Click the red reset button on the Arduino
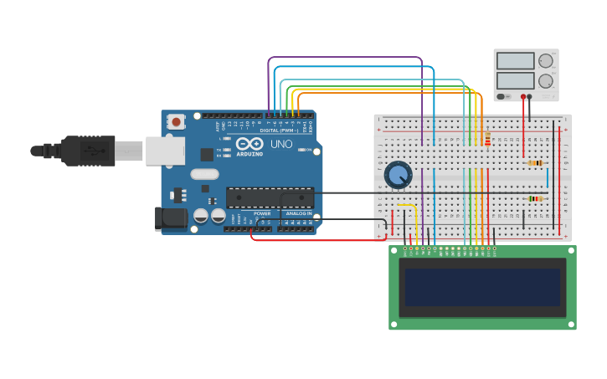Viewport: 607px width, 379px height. (176, 122)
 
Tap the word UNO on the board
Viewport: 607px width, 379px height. (281, 144)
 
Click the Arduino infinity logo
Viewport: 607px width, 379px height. (249, 143)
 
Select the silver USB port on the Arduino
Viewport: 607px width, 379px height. (165, 151)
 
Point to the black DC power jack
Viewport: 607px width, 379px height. (172, 218)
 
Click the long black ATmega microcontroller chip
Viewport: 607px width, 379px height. (270, 197)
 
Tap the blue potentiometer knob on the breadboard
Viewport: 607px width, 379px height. (399, 175)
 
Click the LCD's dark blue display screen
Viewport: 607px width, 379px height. (482, 287)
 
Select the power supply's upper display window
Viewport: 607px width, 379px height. (515, 61)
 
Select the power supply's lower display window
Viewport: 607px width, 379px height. (515, 81)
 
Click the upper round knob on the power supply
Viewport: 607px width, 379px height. (546, 61)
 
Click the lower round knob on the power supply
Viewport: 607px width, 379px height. (546, 81)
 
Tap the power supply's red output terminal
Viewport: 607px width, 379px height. (523, 97)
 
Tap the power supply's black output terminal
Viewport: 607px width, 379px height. (529, 97)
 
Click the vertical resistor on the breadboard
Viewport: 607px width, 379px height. (487, 139)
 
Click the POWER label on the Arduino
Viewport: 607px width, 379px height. (262, 213)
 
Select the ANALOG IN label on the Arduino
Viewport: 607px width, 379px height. (299, 213)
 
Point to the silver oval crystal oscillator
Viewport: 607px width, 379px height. (204, 175)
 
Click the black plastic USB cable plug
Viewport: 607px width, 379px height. (88, 151)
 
